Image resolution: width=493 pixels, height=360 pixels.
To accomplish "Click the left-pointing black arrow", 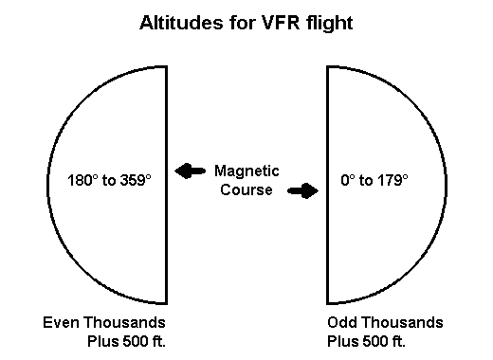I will pyautogui.click(x=191, y=171).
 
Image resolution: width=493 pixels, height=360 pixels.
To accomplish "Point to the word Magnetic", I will pyautogui.click(x=246, y=171).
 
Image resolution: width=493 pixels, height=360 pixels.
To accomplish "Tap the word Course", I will pyautogui.click(x=246, y=189).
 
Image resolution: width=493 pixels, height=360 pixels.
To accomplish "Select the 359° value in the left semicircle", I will pyautogui.click(x=134, y=179).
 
